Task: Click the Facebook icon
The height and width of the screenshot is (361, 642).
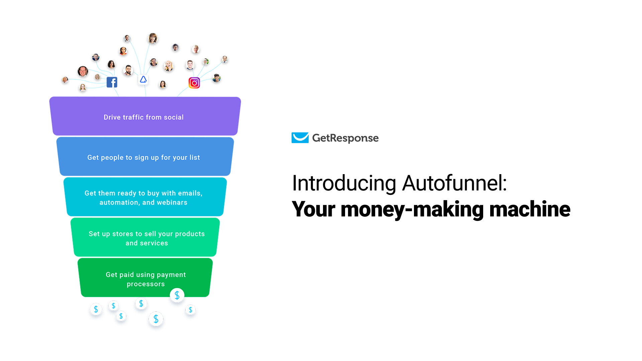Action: click(112, 82)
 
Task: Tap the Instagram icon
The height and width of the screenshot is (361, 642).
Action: click(194, 83)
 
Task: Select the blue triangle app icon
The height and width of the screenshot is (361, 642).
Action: click(143, 80)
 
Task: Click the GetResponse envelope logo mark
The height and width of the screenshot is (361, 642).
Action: click(300, 138)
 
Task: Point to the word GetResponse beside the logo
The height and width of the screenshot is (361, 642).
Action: click(345, 138)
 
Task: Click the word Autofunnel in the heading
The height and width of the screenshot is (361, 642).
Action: click(454, 183)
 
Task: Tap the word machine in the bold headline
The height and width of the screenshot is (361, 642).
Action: click(530, 209)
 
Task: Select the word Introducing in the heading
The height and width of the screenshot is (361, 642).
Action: click(344, 183)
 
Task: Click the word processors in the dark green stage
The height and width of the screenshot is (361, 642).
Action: click(146, 284)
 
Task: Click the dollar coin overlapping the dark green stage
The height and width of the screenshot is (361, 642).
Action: click(177, 295)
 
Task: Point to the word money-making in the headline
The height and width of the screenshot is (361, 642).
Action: click(413, 209)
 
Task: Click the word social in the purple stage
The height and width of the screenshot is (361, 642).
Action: click(174, 117)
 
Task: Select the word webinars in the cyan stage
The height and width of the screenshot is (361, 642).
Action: click(172, 203)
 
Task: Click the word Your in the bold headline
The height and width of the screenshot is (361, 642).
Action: click(313, 209)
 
